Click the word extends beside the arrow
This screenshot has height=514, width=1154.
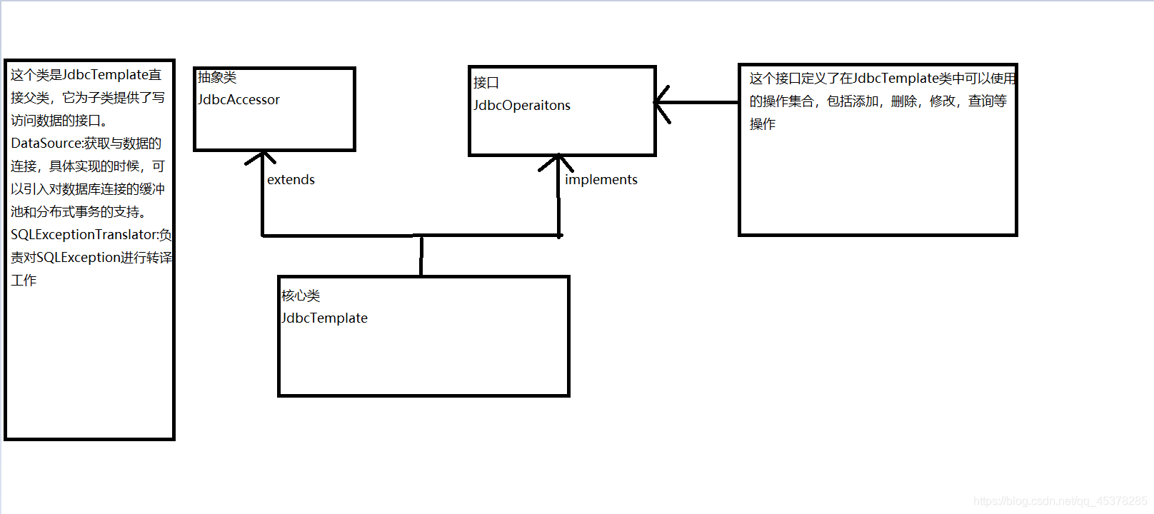(x=291, y=180)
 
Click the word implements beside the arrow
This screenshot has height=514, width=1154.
(x=601, y=180)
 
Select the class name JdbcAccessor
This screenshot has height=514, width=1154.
(x=239, y=100)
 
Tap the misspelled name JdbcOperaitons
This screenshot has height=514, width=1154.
(x=521, y=106)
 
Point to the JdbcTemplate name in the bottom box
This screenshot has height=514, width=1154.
(x=324, y=318)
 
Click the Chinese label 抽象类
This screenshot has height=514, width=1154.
(x=217, y=77)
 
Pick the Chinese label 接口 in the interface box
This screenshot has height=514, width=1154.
(x=486, y=83)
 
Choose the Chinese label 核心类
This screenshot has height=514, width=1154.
(x=301, y=296)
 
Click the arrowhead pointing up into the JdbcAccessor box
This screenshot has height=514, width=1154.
(x=262, y=156)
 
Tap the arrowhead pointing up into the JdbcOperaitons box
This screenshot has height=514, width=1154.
(x=557, y=161)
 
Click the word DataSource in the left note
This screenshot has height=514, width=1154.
(x=46, y=143)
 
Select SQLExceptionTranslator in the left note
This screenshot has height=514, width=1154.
(x=84, y=235)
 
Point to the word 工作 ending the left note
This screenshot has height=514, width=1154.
(x=24, y=281)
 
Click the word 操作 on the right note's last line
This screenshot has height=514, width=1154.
(x=762, y=124)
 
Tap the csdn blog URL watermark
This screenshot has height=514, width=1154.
(x=1060, y=501)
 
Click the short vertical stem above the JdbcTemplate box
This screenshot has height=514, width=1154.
(x=421, y=256)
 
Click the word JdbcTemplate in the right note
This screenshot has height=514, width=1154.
(x=895, y=79)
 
